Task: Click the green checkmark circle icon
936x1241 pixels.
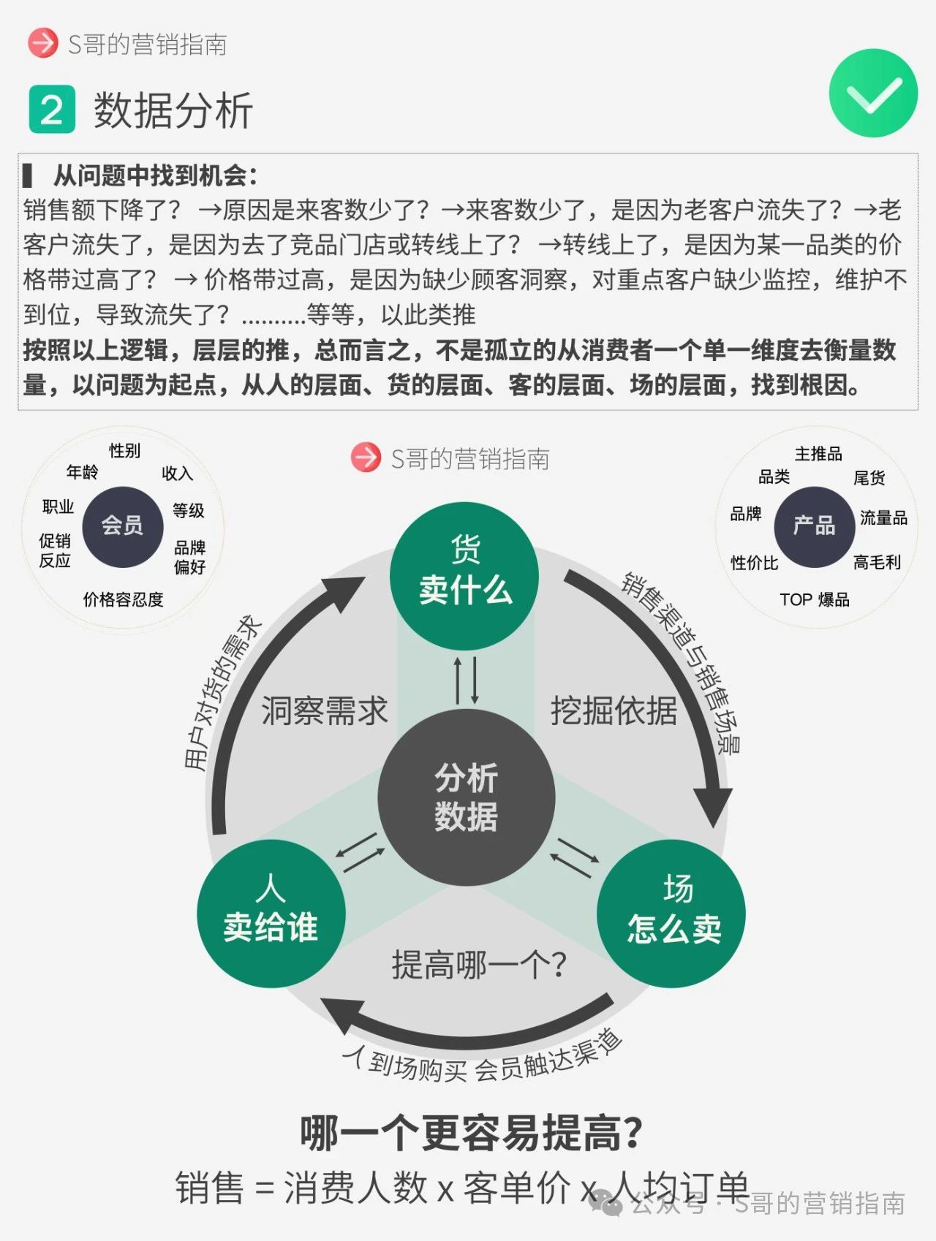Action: tap(873, 94)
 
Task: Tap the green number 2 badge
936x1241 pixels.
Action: tap(52, 110)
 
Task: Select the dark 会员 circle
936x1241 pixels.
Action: tap(122, 526)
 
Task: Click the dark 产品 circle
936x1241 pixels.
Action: tap(814, 526)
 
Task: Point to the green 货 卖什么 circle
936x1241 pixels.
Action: tap(465, 575)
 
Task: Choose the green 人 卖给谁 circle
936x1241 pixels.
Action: tap(271, 914)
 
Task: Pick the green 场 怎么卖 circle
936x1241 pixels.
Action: tap(672, 914)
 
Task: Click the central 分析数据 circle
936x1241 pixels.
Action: tap(466, 797)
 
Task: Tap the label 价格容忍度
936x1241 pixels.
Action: tap(123, 600)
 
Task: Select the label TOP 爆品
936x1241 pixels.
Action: tap(814, 600)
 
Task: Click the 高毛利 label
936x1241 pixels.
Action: tap(877, 562)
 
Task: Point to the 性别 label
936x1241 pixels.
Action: tap(124, 450)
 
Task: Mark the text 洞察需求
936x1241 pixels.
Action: tap(324, 711)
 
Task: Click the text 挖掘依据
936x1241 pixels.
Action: tap(614, 711)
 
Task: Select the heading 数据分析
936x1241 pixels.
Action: tap(173, 111)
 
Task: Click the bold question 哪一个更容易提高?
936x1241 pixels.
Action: tap(471, 1134)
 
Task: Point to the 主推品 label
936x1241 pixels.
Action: tap(818, 454)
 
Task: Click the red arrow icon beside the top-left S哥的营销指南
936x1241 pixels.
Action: tap(42, 43)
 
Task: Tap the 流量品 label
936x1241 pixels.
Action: tap(883, 518)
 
